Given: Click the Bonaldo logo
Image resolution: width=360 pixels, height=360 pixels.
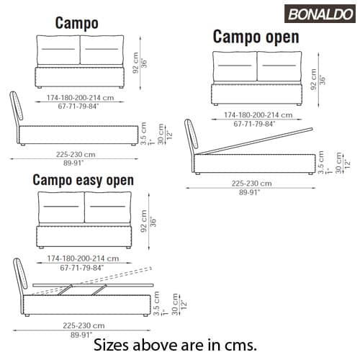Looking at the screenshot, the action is (x=320, y=14).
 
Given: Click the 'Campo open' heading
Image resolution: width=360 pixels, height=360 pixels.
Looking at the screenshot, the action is (x=256, y=37).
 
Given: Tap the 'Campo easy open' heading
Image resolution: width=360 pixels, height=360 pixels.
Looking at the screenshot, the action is (x=84, y=180).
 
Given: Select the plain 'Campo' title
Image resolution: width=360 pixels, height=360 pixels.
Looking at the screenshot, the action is (x=77, y=23).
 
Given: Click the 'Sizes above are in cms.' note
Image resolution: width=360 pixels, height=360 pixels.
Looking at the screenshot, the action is (x=175, y=345).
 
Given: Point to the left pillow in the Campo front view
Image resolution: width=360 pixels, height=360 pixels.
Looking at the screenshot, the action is (x=58, y=50).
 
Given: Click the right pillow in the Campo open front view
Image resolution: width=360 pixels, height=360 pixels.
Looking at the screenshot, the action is (x=279, y=66).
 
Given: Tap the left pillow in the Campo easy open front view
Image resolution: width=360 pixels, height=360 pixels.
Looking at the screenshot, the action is (x=61, y=207).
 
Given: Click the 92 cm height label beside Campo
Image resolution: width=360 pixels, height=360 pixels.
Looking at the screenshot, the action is (x=135, y=63).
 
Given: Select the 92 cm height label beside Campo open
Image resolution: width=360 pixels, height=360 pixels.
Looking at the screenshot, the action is (x=313, y=79).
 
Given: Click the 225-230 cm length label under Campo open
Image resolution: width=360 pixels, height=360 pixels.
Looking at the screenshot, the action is (x=252, y=184).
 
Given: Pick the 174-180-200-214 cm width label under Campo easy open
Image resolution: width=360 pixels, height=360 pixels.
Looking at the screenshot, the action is (x=83, y=258).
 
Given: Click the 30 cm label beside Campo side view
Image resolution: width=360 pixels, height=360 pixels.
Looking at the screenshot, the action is (x=161, y=134).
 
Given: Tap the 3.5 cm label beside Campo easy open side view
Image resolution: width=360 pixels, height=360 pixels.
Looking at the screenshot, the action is (x=156, y=303).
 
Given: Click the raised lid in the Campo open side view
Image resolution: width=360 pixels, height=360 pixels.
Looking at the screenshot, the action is (x=255, y=142).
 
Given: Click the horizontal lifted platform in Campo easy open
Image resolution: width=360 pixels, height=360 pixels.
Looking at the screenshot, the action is (x=93, y=285).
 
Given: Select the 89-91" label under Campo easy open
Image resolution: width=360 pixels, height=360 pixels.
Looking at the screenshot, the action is (x=81, y=335).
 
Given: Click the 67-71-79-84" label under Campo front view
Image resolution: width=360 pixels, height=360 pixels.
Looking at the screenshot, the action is (x=78, y=106).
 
